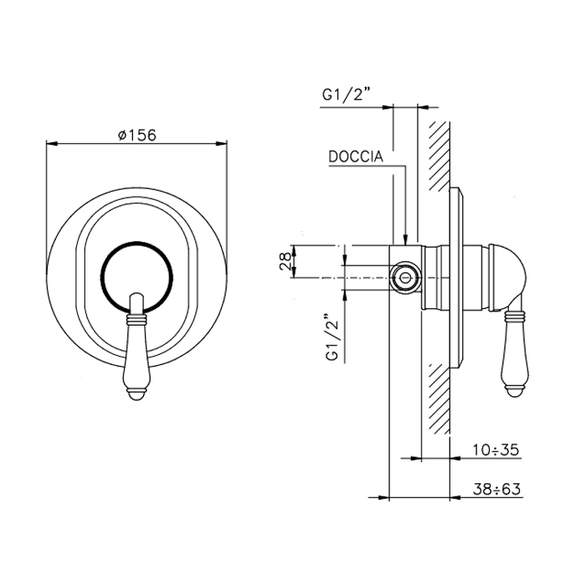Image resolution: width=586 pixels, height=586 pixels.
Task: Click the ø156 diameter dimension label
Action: tap(136, 135)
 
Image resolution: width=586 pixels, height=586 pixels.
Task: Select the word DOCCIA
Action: tap(356, 157)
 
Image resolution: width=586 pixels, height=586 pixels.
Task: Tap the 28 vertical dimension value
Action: tap(285, 261)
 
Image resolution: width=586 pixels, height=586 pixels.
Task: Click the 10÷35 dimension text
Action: tap(496, 450)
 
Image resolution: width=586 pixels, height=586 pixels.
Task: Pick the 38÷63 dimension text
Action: tap(496, 489)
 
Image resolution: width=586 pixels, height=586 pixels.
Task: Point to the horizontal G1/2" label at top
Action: tap(346, 95)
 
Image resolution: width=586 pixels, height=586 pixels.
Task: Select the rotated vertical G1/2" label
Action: tap(332, 337)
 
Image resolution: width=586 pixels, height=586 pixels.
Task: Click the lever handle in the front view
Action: tap(136, 348)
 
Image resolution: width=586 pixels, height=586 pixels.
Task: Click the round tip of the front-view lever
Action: tap(136, 396)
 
